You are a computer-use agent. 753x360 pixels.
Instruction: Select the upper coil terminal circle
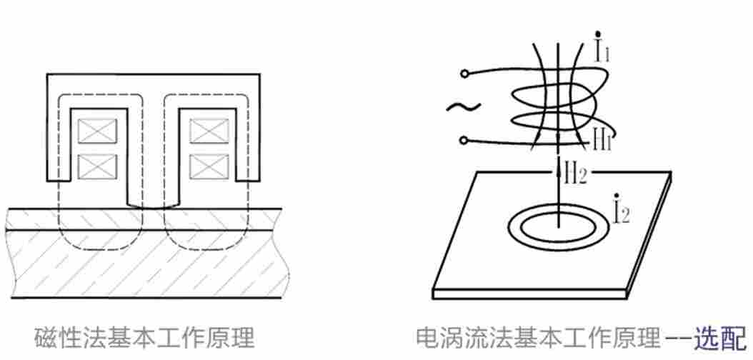[465, 73]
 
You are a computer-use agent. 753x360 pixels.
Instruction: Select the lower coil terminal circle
[465, 140]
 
